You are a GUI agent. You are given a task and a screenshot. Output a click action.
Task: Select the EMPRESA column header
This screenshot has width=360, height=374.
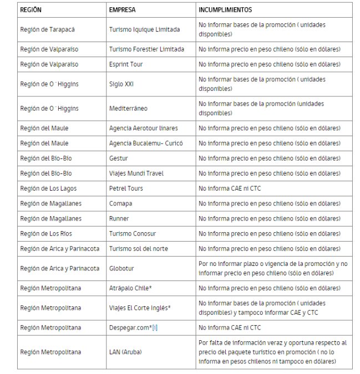[x=123, y=10]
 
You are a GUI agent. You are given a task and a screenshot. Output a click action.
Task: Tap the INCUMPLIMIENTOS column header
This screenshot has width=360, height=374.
[x=225, y=10]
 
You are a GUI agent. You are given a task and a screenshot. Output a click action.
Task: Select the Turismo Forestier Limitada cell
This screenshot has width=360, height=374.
[x=146, y=49]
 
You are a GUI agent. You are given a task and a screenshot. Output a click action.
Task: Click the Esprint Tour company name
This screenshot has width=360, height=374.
[x=126, y=64]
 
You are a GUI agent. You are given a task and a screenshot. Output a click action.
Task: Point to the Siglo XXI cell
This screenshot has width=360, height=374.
[x=121, y=84]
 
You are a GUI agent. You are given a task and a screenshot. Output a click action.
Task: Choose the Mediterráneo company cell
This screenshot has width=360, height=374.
[x=128, y=108]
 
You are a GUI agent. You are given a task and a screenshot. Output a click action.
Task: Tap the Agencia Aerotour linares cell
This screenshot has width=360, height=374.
[x=144, y=128]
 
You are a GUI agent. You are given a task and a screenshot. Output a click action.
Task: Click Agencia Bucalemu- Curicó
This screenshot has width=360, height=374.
[x=146, y=143]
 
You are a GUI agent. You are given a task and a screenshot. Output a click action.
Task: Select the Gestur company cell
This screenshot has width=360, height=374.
[x=119, y=158]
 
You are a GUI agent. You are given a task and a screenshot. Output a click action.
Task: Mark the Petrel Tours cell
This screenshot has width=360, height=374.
[x=126, y=188]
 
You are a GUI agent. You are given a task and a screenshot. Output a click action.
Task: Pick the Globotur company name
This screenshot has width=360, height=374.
[x=121, y=268]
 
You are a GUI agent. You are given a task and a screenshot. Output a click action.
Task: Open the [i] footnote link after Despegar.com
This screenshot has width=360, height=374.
[x=155, y=327]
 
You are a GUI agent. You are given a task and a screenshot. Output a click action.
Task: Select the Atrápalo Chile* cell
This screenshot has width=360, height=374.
[x=131, y=288]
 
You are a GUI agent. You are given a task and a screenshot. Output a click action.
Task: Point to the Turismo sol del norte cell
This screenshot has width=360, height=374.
[x=139, y=248]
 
